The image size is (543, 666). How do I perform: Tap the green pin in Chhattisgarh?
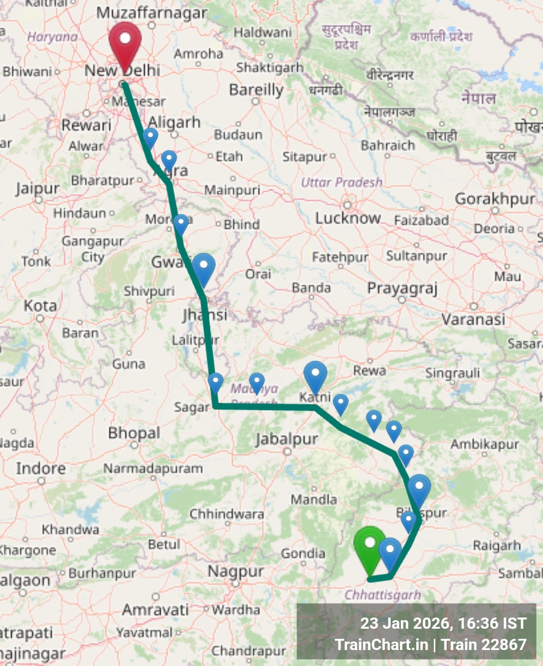(x=370, y=546)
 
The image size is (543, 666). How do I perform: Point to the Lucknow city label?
(x=348, y=218)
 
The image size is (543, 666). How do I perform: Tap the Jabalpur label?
(x=286, y=440)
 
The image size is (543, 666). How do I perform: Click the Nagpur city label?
(x=235, y=572)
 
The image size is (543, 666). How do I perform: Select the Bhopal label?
(x=134, y=433)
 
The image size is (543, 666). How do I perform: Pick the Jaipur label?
(x=37, y=189)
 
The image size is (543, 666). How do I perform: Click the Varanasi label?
(x=473, y=319)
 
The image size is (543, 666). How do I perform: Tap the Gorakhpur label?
(x=495, y=199)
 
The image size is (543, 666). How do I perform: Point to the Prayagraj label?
(x=402, y=288)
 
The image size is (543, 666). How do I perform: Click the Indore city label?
(x=41, y=468)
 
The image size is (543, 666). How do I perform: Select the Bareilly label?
(x=256, y=90)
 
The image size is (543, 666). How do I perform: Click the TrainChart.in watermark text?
(x=381, y=645)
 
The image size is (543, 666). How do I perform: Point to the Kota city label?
(x=40, y=306)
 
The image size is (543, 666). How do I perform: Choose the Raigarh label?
(x=497, y=546)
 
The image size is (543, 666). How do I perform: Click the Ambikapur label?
(x=484, y=444)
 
